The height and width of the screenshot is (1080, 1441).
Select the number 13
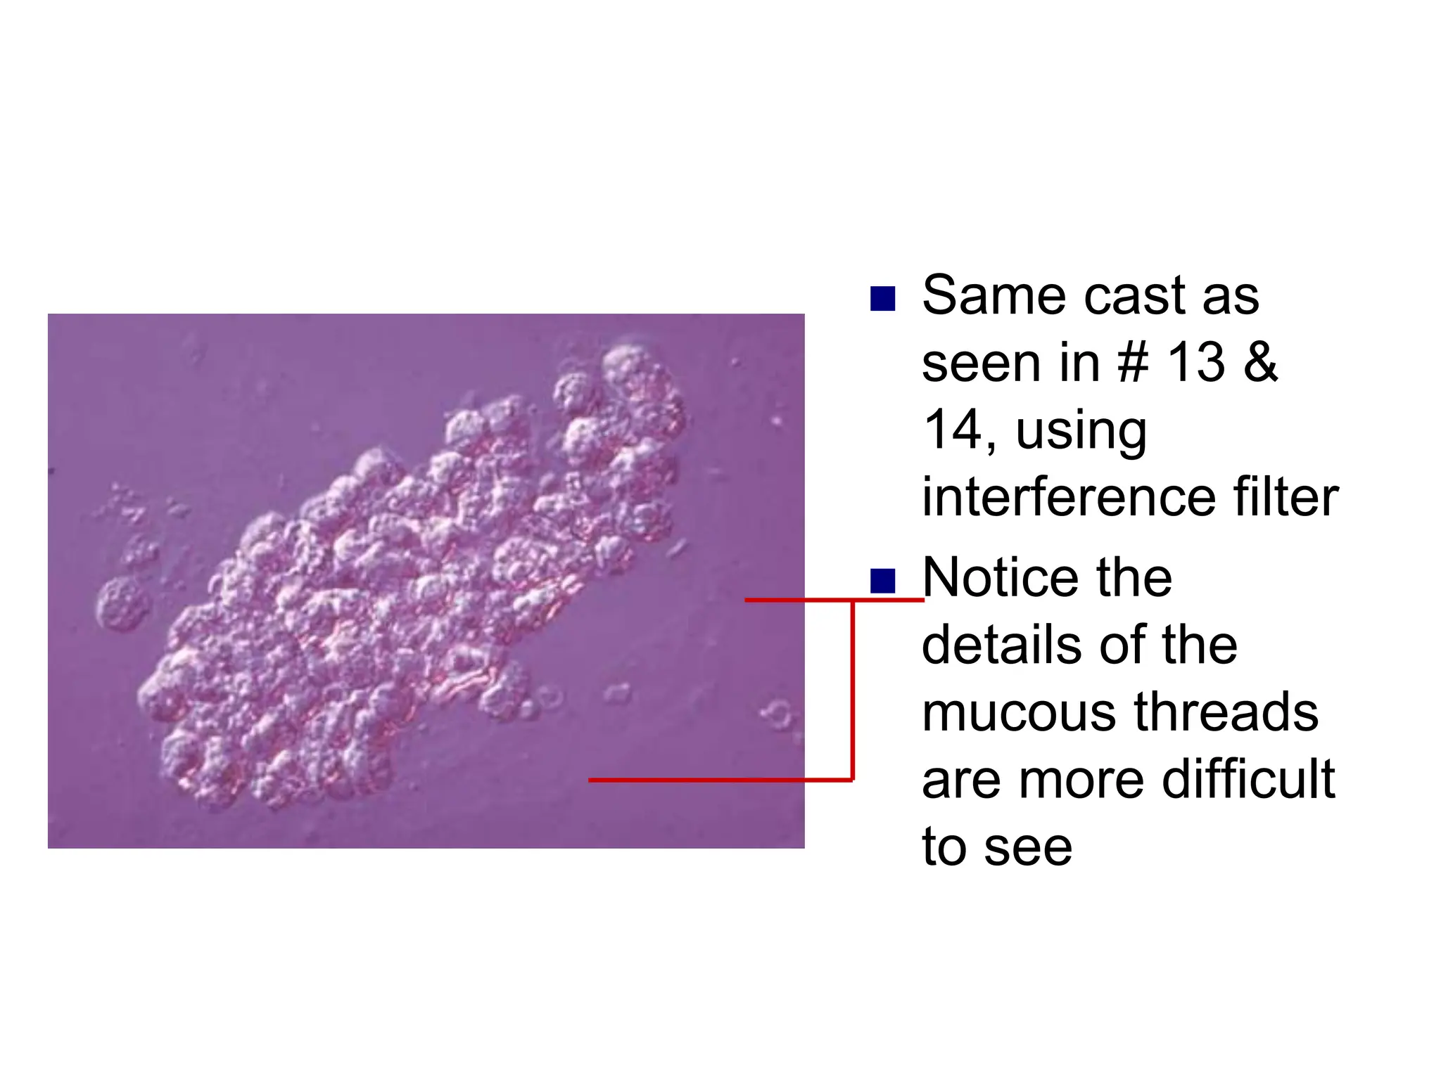click(x=1195, y=363)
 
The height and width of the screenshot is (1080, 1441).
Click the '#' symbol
click(x=1133, y=363)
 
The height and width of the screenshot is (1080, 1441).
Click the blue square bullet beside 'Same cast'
click(x=882, y=298)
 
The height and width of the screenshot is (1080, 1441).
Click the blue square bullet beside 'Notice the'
click(x=882, y=581)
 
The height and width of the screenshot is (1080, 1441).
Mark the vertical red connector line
click(x=852, y=689)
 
